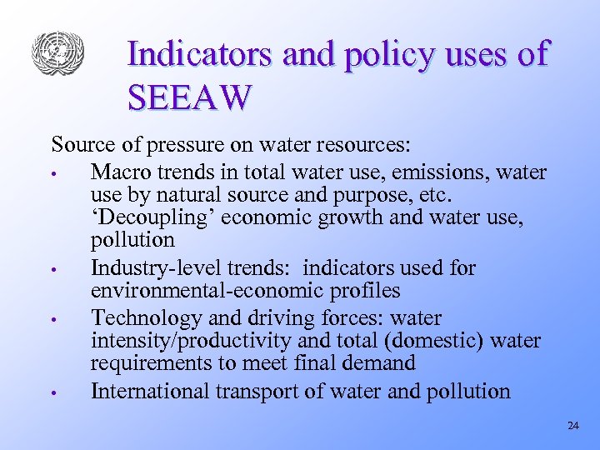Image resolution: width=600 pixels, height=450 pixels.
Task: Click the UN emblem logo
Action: point(57,52)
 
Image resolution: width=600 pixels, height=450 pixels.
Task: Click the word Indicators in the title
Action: point(201,54)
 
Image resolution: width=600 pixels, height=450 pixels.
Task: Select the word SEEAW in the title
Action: point(189,97)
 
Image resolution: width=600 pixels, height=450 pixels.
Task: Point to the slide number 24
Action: point(572,426)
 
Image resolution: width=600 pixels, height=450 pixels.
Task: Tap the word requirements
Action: point(155,363)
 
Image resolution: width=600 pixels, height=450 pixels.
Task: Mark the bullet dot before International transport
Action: point(52,393)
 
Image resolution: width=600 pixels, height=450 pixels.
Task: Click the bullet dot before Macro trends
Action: point(52,175)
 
